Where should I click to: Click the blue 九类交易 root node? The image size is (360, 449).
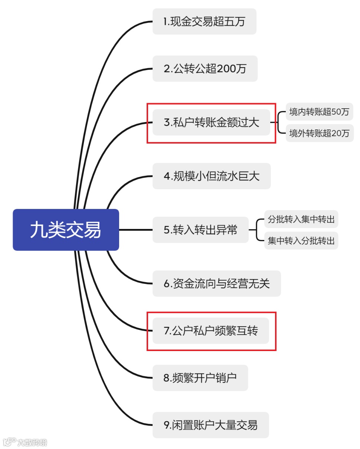click(x=66, y=230)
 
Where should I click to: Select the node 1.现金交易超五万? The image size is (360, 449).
click(x=204, y=22)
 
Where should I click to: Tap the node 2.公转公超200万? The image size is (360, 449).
click(x=205, y=69)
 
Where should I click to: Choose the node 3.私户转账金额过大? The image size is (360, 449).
click(x=211, y=122)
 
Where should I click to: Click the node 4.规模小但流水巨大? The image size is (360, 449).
click(x=212, y=176)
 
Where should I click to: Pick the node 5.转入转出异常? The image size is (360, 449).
click(x=200, y=230)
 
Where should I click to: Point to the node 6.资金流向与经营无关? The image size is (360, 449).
click(x=216, y=284)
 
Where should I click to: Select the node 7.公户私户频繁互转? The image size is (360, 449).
click(x=210, y=331)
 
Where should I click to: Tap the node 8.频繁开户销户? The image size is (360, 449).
click(x=200, y=378)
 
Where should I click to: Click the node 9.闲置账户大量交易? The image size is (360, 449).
click(x=210, y=425)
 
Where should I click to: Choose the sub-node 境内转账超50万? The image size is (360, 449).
click(x=319, y=112)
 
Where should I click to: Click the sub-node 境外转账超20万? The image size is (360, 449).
click(x=319, y=133)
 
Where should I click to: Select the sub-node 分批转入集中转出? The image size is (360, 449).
click(x=301, y=219)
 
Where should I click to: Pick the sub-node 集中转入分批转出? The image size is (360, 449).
click(x=301, y=241)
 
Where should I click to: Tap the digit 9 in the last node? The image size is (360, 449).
click(x=166, y=425)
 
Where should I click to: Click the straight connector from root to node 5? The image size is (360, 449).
click(x=135, y=230)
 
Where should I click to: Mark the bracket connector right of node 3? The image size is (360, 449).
click(x=278, y=122)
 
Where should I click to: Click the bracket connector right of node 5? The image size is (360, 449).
click(x=256, y=230)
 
